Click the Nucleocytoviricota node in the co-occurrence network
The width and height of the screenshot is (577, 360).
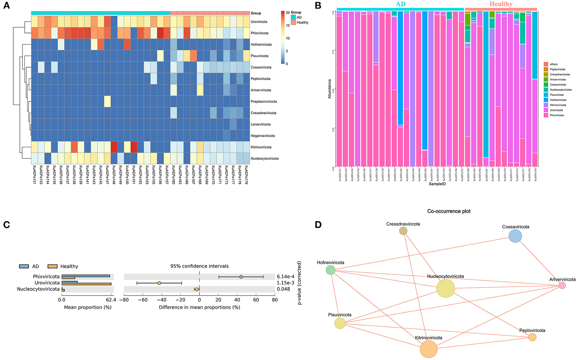(x=445, y=288)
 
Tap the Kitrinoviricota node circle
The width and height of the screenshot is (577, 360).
(x=429, y=349)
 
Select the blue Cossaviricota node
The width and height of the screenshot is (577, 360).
(x=515, y=236)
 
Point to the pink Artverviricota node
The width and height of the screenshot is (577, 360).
(x=562, y=285)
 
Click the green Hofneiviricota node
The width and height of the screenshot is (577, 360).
(x=331, y=270)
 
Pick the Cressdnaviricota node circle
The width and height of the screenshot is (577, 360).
(x=403, y=231)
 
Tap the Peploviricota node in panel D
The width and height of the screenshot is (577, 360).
(x=532, y=337)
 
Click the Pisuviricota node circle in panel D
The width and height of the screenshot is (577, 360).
(x=340, y=323)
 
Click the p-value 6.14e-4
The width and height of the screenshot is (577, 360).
(x=286, y=277)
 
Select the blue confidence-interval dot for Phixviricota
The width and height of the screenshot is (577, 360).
(x=241, y=277)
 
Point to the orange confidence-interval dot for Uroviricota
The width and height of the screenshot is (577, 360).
(x=159, y=283)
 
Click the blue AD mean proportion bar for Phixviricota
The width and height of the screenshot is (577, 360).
(x=86, y=276)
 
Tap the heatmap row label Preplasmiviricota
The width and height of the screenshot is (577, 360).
(x=264, y=102)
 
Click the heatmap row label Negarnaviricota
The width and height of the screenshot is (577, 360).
(x=263, y=136)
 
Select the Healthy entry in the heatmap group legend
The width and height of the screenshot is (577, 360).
(x=302, y=22)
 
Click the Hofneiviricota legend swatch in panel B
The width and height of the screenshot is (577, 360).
(x=546, y=100)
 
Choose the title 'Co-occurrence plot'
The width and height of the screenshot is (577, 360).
(x=449, y=211)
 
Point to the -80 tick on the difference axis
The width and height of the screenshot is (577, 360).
(x=124, y=300)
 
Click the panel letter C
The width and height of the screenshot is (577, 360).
(x=6, y=225)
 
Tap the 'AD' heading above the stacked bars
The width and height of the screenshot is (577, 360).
(x=401, y=4)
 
